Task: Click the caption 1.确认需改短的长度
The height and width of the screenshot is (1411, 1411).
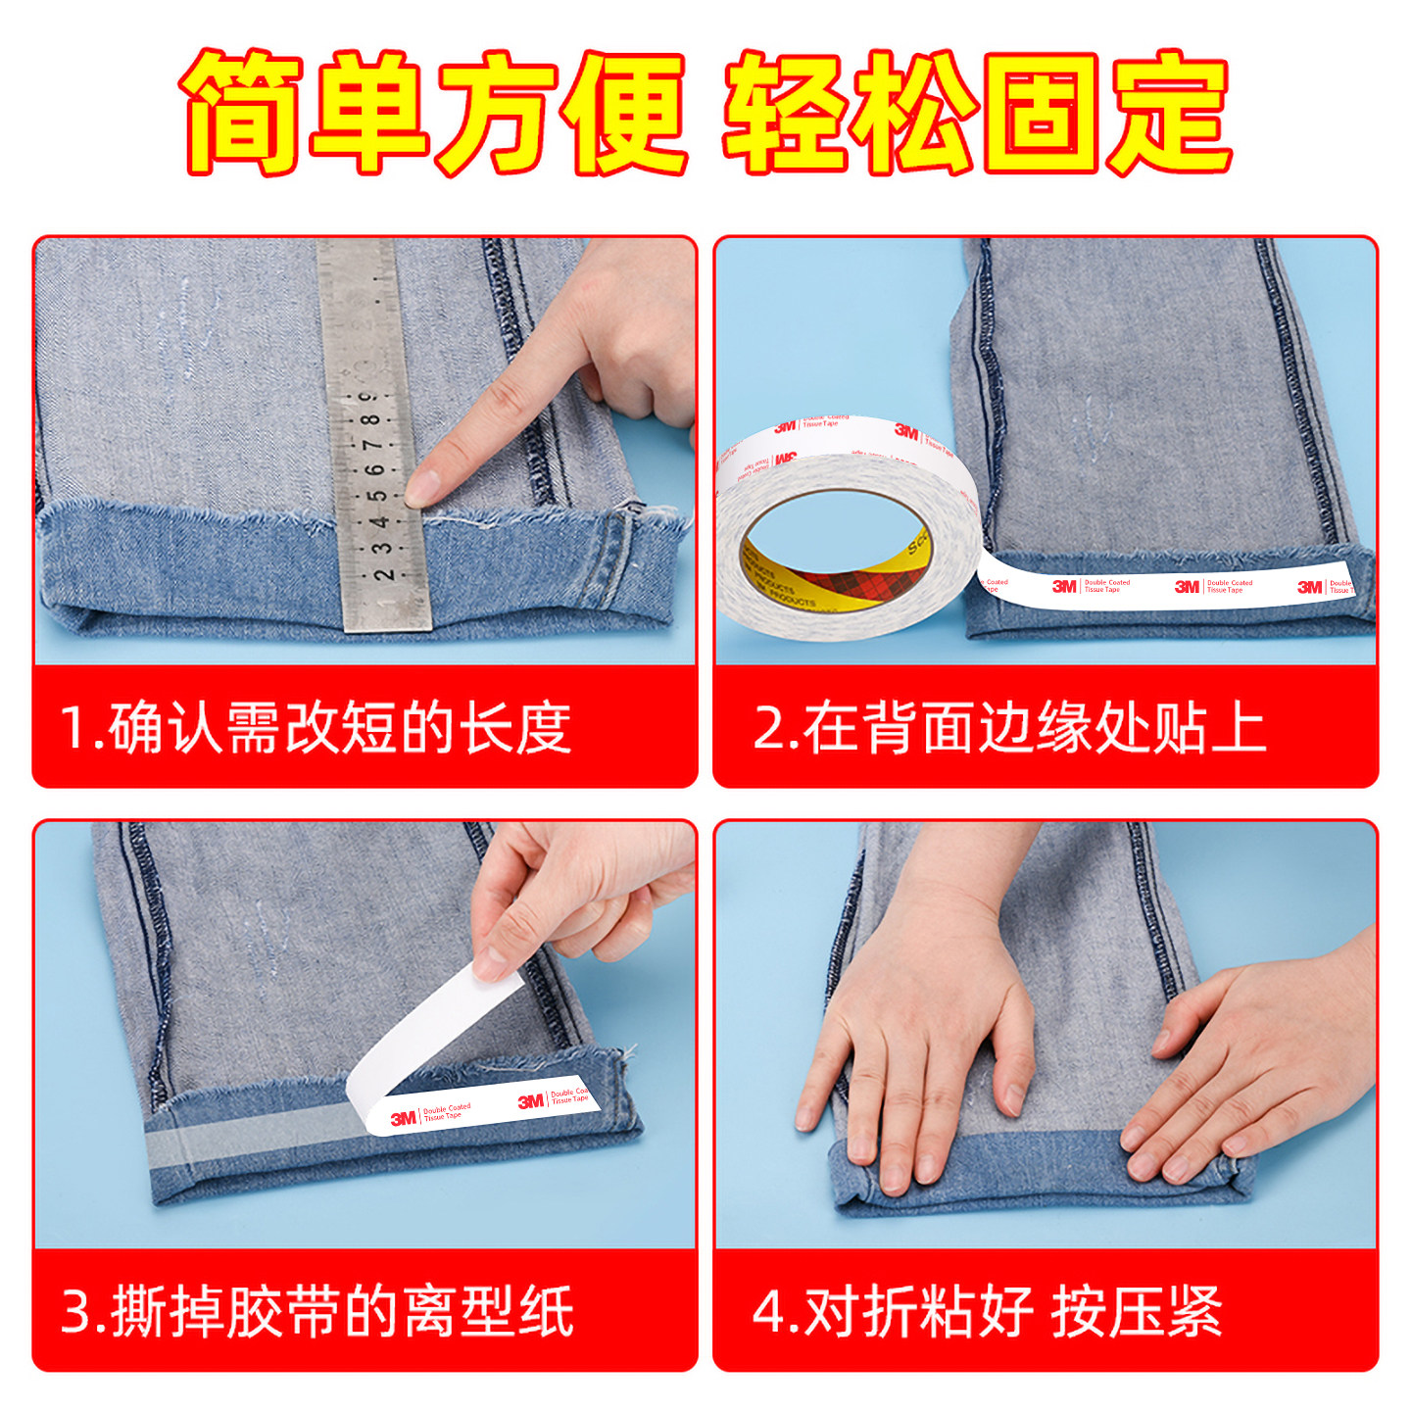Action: click(316, 728)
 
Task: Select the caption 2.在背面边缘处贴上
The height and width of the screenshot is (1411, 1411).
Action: click(1009, 728)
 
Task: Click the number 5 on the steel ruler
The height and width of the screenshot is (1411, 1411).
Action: click(377, 495)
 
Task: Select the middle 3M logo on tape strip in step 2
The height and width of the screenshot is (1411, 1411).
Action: click(1187, 586)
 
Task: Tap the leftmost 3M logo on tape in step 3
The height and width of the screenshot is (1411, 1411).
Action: click(404, 1118)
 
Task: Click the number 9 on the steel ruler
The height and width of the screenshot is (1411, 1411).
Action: click(367, 397)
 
